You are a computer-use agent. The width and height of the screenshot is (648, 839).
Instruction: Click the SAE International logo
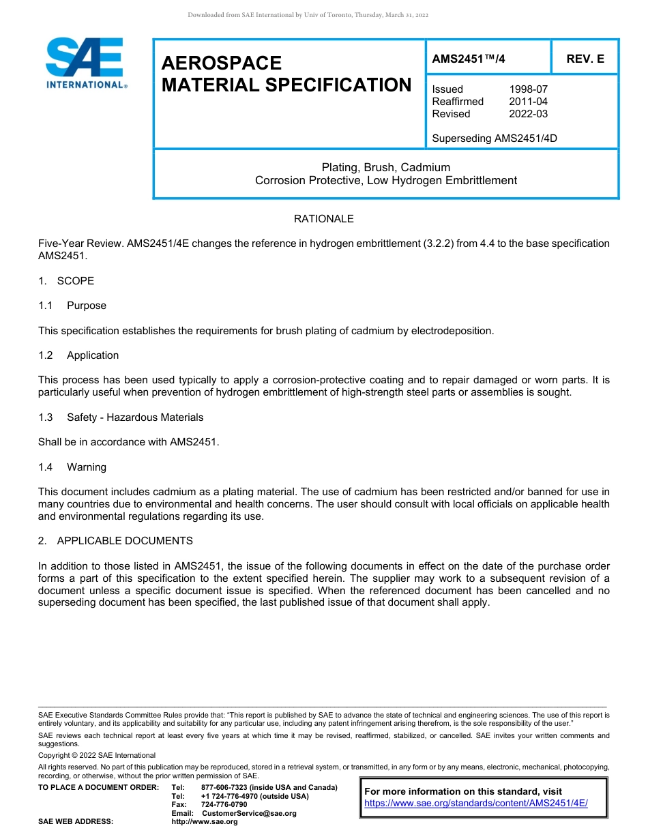85,63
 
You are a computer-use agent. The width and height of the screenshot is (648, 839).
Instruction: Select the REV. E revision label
585,59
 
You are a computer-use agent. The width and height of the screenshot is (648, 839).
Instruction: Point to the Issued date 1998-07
528,89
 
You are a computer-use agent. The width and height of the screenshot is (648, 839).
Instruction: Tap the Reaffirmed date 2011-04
528,102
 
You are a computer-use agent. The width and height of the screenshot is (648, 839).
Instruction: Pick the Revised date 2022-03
528,114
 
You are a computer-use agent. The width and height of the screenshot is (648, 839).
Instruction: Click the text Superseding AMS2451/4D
495,138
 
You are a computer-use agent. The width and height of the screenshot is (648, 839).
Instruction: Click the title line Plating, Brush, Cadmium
385,167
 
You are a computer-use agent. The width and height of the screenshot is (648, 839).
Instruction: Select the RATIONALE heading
323,219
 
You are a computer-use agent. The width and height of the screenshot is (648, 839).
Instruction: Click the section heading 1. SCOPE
66,281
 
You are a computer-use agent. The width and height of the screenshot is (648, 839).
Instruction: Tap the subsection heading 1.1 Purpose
72,306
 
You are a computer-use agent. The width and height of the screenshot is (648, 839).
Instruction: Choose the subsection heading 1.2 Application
78,355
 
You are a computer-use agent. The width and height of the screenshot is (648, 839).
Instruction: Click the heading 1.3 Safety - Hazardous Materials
121,417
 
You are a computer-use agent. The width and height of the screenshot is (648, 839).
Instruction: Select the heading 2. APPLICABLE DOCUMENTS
115,541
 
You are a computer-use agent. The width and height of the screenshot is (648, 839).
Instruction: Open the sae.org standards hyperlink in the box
475,804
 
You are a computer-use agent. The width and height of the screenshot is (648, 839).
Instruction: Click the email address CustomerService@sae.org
249,813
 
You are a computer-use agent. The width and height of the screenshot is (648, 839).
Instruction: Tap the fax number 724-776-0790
224,805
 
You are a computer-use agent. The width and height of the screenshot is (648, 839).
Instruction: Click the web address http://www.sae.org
205,822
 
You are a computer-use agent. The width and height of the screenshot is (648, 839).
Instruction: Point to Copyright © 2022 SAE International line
97,755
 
